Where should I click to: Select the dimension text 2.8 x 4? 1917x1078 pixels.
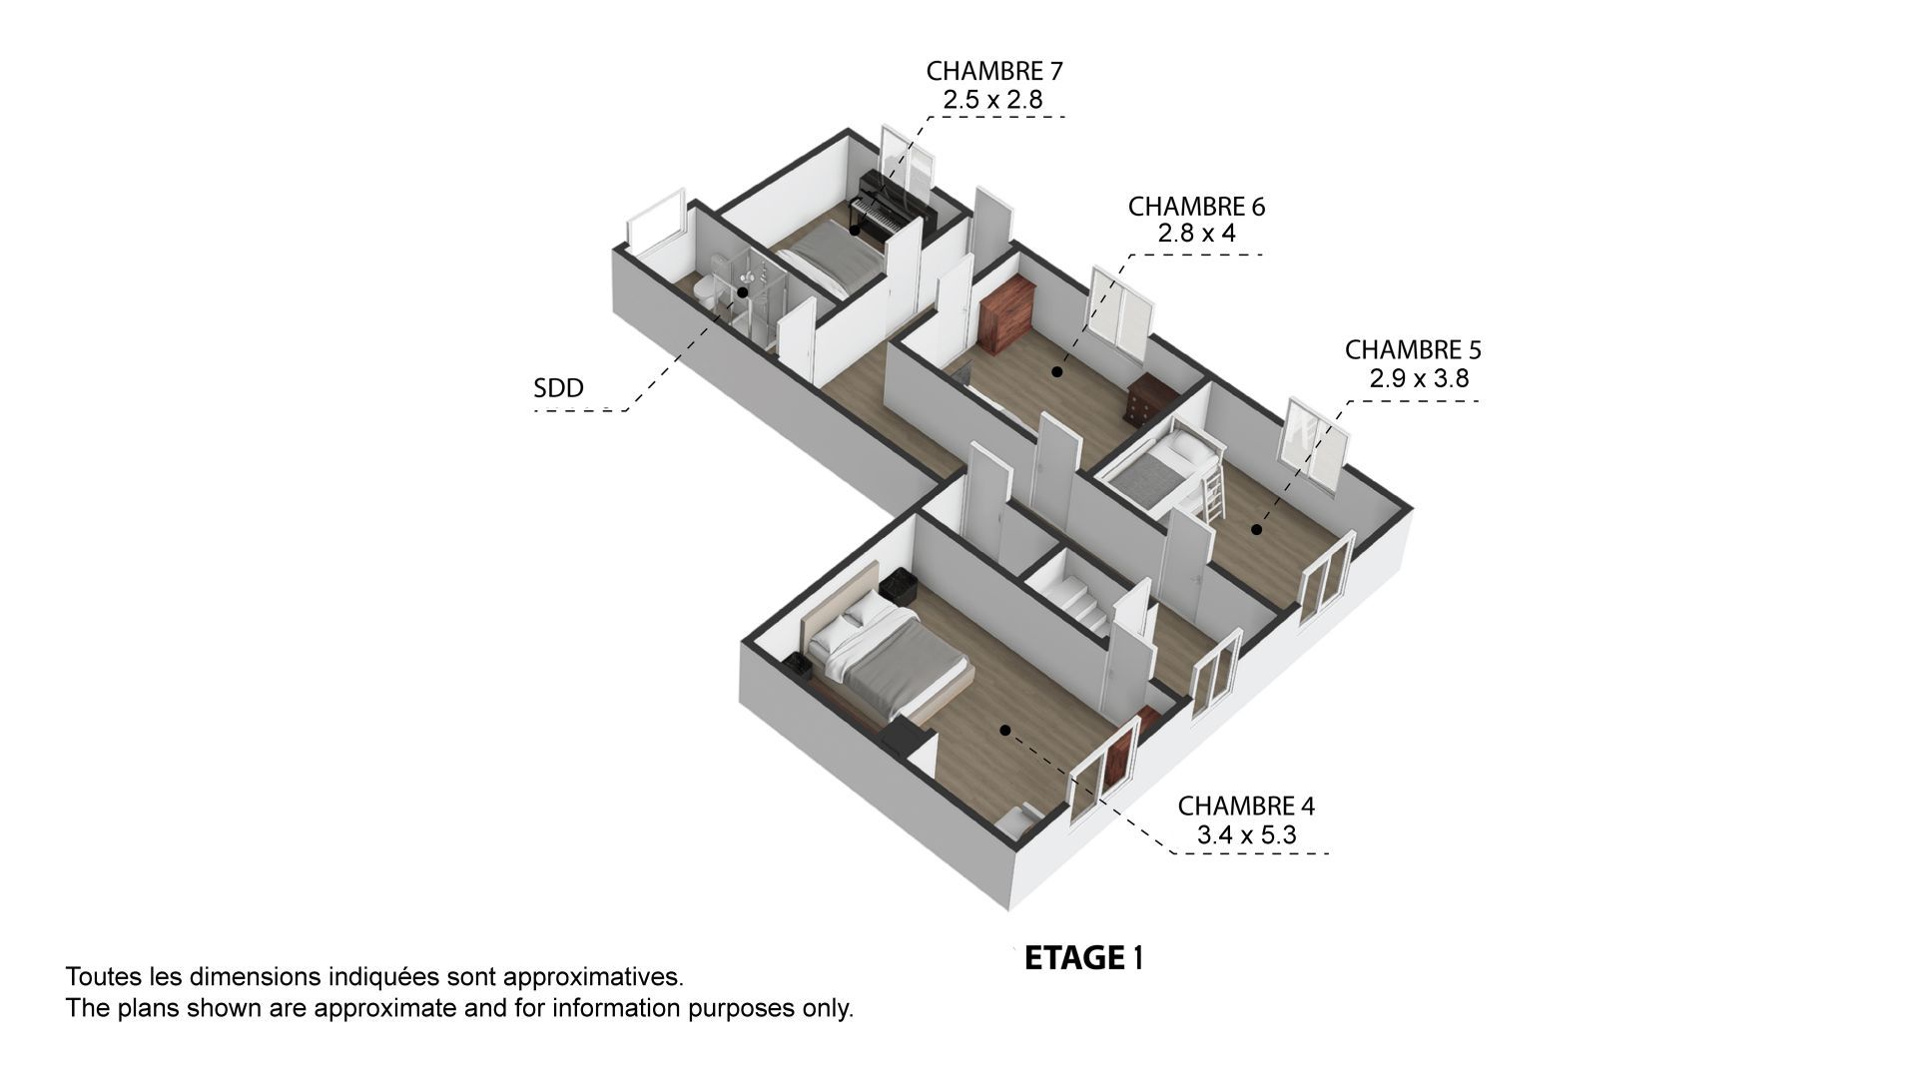tap(1196, 234)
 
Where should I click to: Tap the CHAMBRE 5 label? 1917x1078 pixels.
tap(1413, 350)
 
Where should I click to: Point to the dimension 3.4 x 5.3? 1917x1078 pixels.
tap(1246, 834)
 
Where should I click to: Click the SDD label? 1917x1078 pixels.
tap(558, 388)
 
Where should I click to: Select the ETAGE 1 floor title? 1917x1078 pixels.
tap(1084, 958)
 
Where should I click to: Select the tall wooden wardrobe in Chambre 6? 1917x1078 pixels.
tap(1003, 312)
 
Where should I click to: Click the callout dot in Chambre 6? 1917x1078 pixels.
tap(1056, 372)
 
